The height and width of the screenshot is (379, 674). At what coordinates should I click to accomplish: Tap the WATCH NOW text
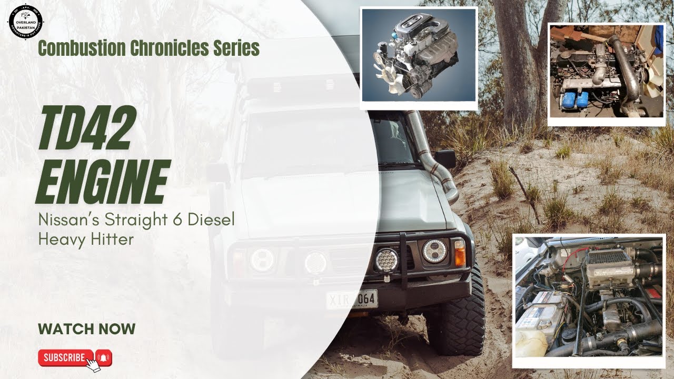click(x=86, y=330)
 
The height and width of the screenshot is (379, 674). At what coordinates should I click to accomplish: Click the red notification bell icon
click(x=104, y=358)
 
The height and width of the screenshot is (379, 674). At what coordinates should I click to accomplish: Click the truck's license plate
click(x=352, y=300)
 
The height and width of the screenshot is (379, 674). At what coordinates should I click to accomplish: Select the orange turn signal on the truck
click(x=460, y=252)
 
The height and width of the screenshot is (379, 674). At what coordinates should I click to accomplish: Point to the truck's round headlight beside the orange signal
click(x=434, y=251)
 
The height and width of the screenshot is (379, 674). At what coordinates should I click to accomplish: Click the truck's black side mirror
click(x=445, y=158)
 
